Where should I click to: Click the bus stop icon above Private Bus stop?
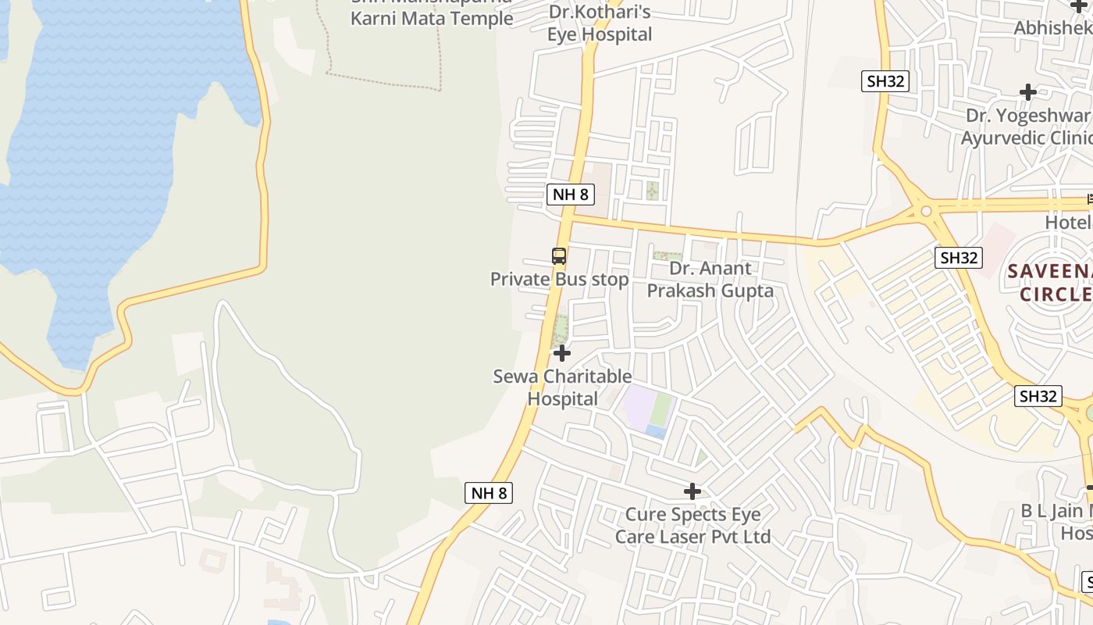tap(559, 255)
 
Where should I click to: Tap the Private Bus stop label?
tap(559, 279)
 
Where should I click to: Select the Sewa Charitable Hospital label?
tap(562, 387)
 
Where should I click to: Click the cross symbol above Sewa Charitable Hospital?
tap(562, 354)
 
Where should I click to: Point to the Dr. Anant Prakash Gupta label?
tap(710, 280)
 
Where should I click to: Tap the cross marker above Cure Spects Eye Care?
tap(692, 491)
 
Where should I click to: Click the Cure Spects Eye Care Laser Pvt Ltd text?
tap(692, 526)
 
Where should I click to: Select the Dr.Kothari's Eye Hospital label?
tap(599, 23)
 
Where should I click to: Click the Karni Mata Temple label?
tap(432, 17)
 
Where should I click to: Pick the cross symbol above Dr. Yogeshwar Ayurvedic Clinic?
tap(1028, 92)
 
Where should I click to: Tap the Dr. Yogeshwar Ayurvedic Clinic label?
tap(1027, 127)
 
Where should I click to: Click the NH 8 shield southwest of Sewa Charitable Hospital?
tap(490, 493)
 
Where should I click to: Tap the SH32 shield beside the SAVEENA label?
tap(959, 258)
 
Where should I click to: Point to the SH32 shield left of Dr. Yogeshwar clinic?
tap(885, 81)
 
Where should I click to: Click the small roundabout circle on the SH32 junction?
tap(926, 211)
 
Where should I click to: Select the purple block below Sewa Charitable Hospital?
tap(636, 406)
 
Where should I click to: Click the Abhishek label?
tap(1052, 28)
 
